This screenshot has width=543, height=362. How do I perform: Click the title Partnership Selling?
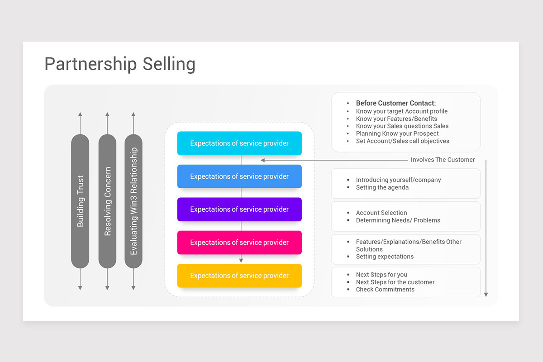pos(120,64)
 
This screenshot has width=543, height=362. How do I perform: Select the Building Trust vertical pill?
pos(80,201)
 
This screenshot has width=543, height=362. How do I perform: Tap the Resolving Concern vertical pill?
pos(107,201)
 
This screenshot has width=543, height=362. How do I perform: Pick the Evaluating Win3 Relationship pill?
pos(133,201)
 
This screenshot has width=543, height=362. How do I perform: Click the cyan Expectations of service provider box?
pos(239,143)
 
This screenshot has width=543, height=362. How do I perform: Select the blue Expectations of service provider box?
pos(239,176)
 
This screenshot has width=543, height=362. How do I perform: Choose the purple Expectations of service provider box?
pos(239,210)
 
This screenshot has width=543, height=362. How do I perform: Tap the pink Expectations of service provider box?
pos(239,243)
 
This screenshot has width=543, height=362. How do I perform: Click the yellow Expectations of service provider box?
pos(239,276)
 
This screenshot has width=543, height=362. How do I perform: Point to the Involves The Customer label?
pos(443,160)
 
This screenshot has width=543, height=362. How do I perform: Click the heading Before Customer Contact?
pos(396,103)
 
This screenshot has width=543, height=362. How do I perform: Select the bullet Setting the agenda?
pos(382,187)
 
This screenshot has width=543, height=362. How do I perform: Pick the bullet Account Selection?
pos(381,213)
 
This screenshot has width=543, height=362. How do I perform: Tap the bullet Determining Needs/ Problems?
pos(398,220)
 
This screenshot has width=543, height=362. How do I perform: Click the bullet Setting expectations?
pos(385,257)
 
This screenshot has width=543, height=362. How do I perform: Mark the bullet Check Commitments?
pos(385,290)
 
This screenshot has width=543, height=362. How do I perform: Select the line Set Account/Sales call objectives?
pos(402,141)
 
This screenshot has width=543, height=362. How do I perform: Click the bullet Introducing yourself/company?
pos(398,180)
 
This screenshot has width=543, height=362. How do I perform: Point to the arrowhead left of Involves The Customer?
pos(263,160)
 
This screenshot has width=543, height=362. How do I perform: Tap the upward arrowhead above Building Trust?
pos(80,114)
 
